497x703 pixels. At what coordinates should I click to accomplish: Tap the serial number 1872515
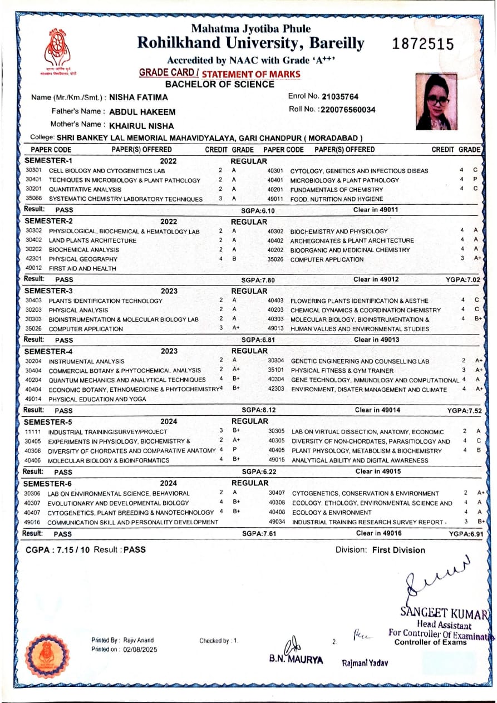[423, 45]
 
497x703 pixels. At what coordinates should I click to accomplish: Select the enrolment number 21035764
[339, 96]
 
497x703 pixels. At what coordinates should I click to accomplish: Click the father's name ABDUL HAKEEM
[142, 112]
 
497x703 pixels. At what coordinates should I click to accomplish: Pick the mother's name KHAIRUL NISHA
[141, 126]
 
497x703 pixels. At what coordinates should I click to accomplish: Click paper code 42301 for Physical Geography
[33, 259]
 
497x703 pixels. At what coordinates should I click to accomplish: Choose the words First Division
[398, 550]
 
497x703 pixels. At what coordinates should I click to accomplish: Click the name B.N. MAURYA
[296, 660]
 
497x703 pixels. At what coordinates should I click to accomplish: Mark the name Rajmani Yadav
[365, 663]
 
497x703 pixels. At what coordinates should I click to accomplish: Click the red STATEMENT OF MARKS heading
[250, 74]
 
